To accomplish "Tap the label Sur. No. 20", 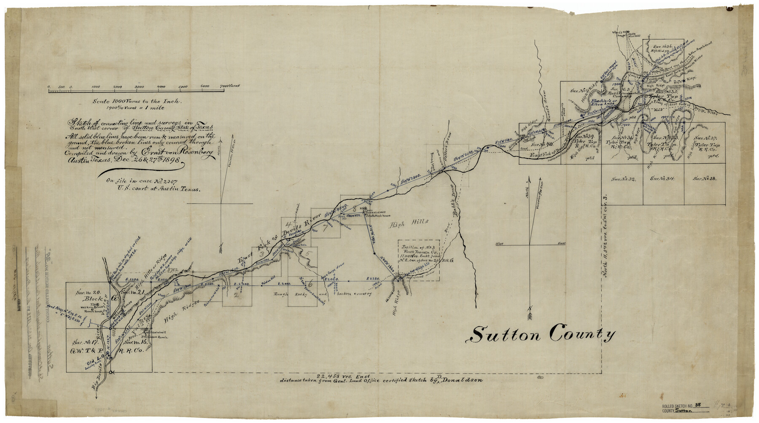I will (x=87, y=292).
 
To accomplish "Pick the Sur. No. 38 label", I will (x=705, y=179).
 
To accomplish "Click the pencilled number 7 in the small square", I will (x=325, y=229).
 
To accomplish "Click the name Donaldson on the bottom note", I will (x=463, y=380).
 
